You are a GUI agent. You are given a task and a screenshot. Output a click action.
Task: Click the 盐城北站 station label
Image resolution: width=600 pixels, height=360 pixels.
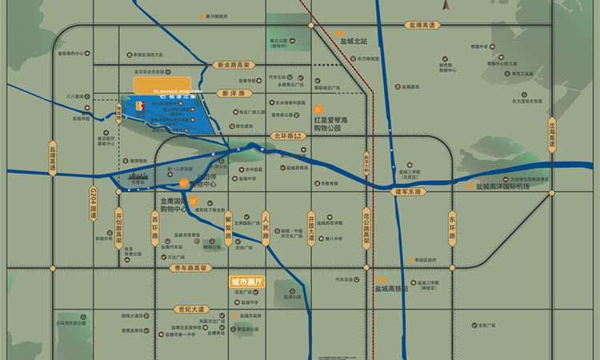(353, 41)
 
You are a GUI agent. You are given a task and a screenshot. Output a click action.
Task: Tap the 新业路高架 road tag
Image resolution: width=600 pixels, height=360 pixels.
(233, 65)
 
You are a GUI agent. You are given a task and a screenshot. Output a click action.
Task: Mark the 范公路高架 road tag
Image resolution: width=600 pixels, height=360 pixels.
(367, 228)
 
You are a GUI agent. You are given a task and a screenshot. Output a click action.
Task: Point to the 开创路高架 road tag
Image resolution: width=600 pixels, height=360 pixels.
(118, 226)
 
